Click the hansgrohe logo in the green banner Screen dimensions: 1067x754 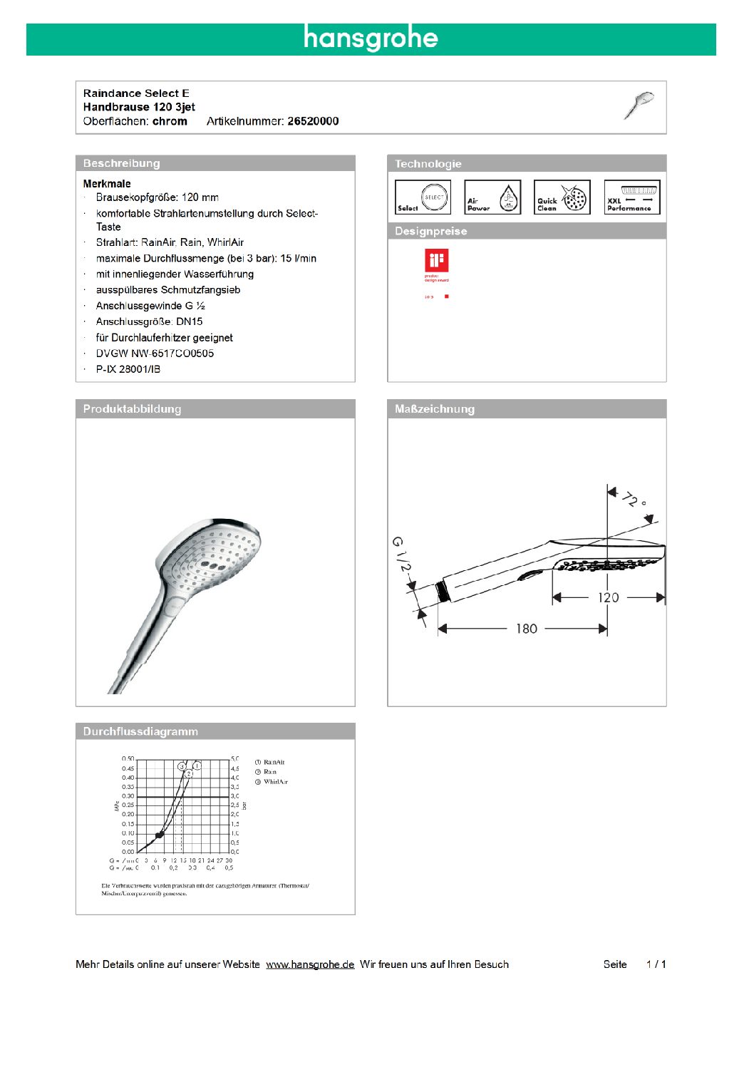(371, 38)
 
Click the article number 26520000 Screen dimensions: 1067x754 (313, 121)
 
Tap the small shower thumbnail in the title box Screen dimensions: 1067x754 (639, 105)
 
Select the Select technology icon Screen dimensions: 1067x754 (423, 197)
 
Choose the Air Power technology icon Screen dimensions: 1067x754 (492, 197)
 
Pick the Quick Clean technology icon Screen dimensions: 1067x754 (562, 197)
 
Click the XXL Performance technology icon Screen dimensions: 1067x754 (632, 197)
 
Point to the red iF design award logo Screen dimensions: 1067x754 (436, 261)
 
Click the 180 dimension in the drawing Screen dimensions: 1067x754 (526, 629)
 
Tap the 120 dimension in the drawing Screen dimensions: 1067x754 (608, 597)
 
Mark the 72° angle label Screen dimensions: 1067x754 (633, 499)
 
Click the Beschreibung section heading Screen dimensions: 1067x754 (122, 163)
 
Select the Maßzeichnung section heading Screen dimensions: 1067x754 (435, 409)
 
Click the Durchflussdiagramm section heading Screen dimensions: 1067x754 (140, 731)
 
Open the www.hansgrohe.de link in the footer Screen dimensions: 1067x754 (310, 964)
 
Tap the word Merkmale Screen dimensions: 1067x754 (107, 184)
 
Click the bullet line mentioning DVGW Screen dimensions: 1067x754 (155, 354)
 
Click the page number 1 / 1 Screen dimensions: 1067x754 (656, 964)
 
